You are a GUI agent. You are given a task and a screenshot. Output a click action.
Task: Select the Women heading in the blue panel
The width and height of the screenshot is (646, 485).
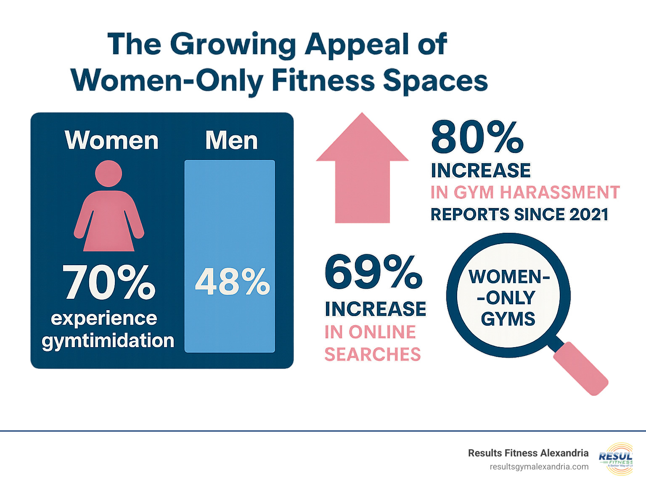click(x=111, y=140)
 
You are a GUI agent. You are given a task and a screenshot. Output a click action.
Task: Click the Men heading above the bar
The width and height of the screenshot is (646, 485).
click(x=231, y=140)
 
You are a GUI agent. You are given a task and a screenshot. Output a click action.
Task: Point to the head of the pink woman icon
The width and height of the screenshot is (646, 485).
click(x=109, y=173)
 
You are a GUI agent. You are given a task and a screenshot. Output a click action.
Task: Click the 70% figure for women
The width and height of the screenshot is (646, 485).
click(x=109, y=282)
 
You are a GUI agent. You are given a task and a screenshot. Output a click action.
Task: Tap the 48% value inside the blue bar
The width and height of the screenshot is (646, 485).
click(x=232, y=282)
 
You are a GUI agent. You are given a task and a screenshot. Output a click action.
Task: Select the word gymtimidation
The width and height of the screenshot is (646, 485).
click(x=108, y=340)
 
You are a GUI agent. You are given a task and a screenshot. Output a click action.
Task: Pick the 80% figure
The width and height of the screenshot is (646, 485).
click(x=477, y=137)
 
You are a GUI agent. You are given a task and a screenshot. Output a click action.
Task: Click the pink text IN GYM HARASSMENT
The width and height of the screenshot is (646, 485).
click(x=525, y=192)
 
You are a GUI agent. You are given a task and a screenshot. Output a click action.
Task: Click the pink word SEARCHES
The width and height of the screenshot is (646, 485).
click(x=373, y=355)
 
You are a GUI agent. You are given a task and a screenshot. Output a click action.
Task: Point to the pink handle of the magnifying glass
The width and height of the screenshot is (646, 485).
click(x=580, y=369)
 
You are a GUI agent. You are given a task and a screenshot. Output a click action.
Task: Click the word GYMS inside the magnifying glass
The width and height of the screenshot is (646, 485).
click(x=508, y=319)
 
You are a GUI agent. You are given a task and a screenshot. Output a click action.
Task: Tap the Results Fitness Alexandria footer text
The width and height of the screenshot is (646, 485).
click(x=528, y=453)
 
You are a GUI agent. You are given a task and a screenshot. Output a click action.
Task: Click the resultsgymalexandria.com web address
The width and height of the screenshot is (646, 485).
click(x=539, y=467)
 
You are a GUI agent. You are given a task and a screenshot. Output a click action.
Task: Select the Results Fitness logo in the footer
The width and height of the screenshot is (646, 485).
click(x=616, y=459)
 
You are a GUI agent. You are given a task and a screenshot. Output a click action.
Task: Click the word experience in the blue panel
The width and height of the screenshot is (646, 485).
click(x=104, y=319)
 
